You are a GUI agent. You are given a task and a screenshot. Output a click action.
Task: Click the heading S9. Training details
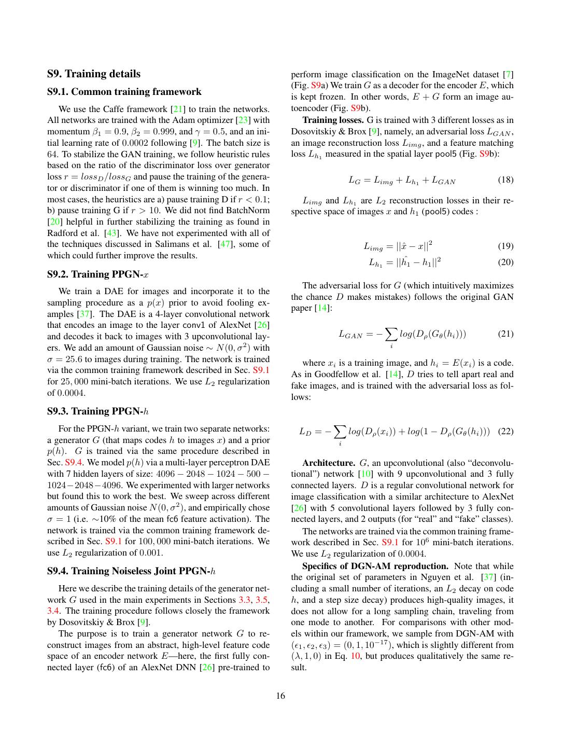coord(94,74)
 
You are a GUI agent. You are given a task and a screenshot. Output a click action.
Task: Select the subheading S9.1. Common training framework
coord(124,92)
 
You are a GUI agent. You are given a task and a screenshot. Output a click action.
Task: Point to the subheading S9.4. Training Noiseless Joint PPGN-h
coord(131,571)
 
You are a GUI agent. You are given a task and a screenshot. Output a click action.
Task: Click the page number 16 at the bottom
coord(280,696)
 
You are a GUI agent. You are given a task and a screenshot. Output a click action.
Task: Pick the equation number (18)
coord(505,180)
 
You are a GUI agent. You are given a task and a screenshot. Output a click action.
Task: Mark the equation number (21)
coord(505,334)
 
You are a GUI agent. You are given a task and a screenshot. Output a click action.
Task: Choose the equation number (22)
coord(505,431)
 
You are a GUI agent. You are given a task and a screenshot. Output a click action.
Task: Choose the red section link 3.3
coord(244,600)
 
